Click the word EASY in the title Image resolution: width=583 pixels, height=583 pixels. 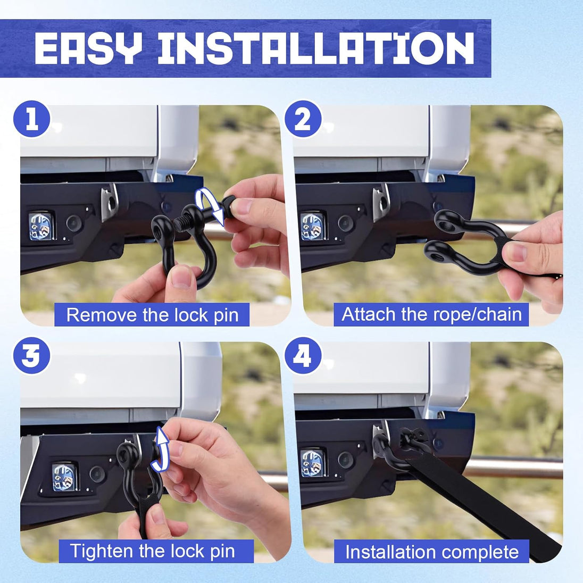(x=88, y=48)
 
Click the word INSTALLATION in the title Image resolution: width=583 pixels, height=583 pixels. (x=317, y=48)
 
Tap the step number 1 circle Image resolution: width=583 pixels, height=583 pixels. (x=31, y=119)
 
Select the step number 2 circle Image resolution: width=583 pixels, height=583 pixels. (x=303, y=119)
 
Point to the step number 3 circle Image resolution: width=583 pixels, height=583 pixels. (x=31, y=356)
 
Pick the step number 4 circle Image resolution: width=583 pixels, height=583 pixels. (x=303, y=356)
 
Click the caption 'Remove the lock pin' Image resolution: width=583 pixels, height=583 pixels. (x=152, y=315)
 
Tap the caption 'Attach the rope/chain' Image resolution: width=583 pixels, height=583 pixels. (x=431, y=314)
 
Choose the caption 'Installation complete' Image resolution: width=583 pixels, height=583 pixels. (x=432, y=552)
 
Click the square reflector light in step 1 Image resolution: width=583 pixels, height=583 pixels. (x=41, y=226)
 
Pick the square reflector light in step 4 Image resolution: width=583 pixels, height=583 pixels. (x=313, y=463)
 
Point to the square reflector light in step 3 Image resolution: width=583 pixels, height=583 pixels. (x=65, y=477)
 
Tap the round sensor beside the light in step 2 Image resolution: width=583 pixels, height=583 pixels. (x=345, y=223)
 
